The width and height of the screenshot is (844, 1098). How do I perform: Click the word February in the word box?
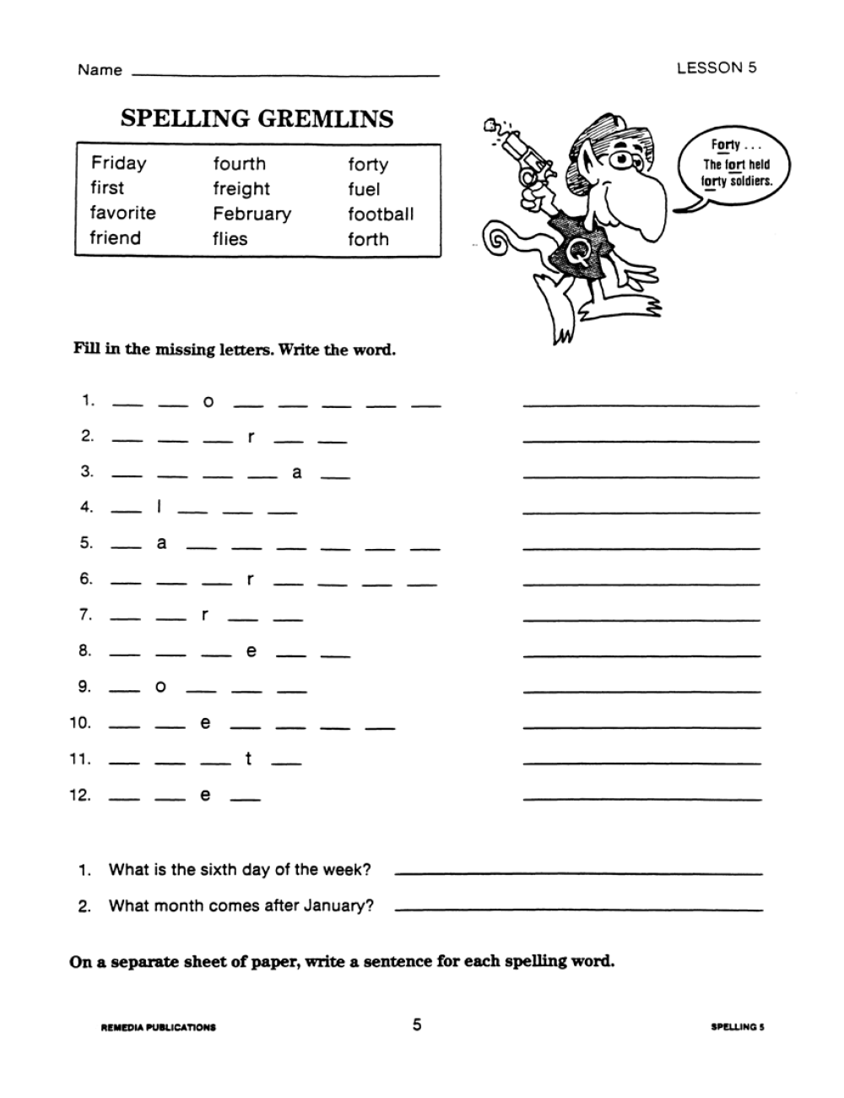coord(252,214)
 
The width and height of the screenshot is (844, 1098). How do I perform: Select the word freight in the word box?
coord(241,189)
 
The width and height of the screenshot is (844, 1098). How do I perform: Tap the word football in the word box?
coord(381,214)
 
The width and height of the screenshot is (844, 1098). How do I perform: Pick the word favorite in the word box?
coord(123,213)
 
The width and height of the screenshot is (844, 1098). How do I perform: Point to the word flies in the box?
coord(230,239)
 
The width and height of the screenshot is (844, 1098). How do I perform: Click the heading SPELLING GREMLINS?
coord(257,119)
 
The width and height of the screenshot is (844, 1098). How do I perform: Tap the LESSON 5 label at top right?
coord(717,68)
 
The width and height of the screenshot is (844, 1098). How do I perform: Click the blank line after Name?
coord(287,74)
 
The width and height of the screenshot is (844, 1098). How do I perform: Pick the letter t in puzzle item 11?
coord(248,759)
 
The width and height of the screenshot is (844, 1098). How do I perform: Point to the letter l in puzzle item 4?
coord(159,508)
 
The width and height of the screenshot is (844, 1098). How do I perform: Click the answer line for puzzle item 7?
coord(641,620)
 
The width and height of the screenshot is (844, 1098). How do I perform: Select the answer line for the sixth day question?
coord(578,872)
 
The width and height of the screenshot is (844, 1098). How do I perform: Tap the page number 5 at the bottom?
coord(417,1025)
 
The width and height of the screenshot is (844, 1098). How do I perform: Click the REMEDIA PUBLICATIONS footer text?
coord(158,1028)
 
